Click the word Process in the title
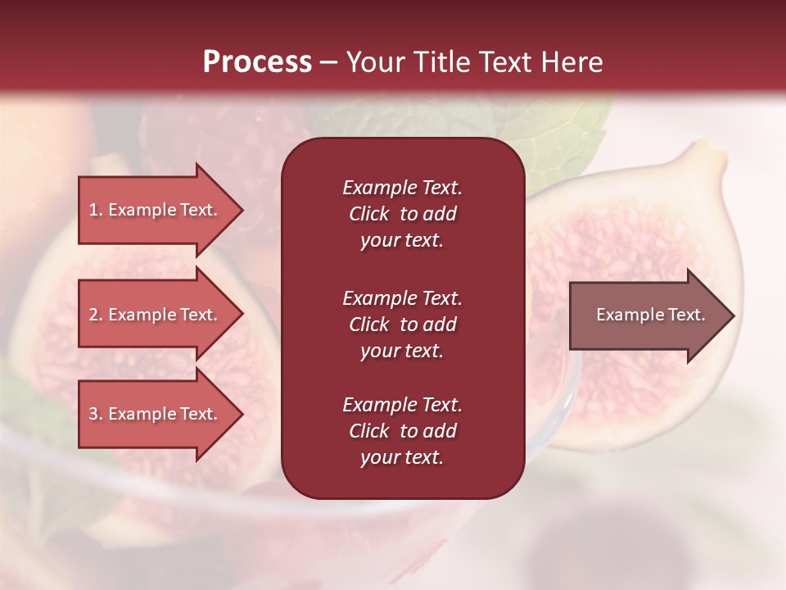[x=257, y=62]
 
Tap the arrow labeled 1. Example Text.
[x=156, y=210]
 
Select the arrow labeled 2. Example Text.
[x=156, y=315]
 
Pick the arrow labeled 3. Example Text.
[x=156, y=414]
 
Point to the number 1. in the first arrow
[x=96, y=210]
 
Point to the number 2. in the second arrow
[x=96, y=315]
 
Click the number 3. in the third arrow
[x=96, y=414]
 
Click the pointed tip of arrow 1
[x=241, y=210]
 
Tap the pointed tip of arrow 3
[x=241, y=414]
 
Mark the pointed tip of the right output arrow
[x=733, y=315]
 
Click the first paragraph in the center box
[x=402, y=214]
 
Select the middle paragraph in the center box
[x=402, y=324]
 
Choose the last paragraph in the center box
[x=402, y=431]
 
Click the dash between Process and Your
[x=328, y=62]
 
